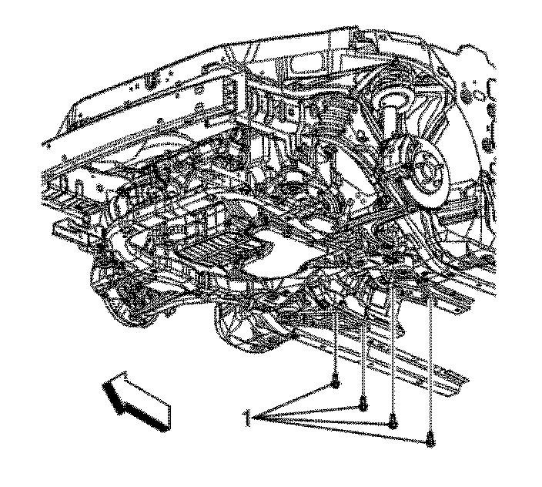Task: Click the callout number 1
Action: [x=246, y=418]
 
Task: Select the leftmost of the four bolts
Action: [x=336, y=382]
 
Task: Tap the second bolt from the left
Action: [x=363, y=403]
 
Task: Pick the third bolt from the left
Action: [x=393, y=421]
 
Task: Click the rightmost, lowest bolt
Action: [x=430, y=439]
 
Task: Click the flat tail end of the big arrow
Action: [x=169, y=418]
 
